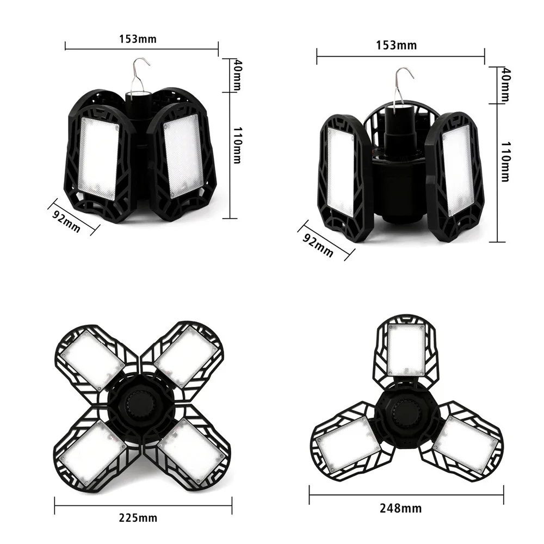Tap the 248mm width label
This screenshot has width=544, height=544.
coord(400,509)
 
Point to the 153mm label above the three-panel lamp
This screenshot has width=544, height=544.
coord(397,45)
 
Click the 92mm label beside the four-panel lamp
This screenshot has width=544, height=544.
coord(66,219)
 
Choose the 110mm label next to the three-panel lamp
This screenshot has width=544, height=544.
coord(505,161)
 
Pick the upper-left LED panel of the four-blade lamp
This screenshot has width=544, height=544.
coord(92,358)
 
